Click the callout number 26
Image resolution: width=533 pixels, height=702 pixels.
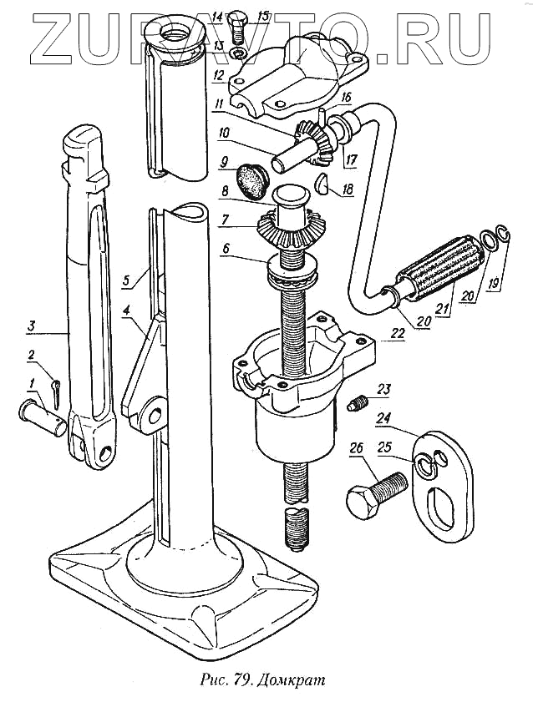[356, 449]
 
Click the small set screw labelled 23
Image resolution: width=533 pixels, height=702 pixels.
[357, 405]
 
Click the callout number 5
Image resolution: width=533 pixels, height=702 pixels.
[124, 281]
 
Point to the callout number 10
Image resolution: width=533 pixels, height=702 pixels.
[224, 133]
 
